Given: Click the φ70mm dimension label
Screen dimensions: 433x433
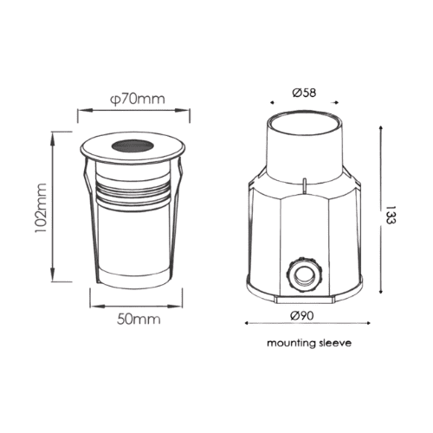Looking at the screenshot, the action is click(138, 99).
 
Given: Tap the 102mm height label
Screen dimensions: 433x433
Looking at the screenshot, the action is click(41, 208).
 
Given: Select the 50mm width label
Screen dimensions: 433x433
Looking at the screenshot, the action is click(139, 319).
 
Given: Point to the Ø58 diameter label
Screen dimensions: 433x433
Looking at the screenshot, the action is click(304, 93).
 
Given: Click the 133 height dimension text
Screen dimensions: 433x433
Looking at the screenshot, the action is click(390, 215).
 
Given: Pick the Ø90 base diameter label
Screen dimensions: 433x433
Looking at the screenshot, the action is click(302, 315).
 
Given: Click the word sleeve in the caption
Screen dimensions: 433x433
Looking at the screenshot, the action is click(335, 343).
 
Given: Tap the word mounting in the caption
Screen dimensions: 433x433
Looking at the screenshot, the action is click(291, 344).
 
